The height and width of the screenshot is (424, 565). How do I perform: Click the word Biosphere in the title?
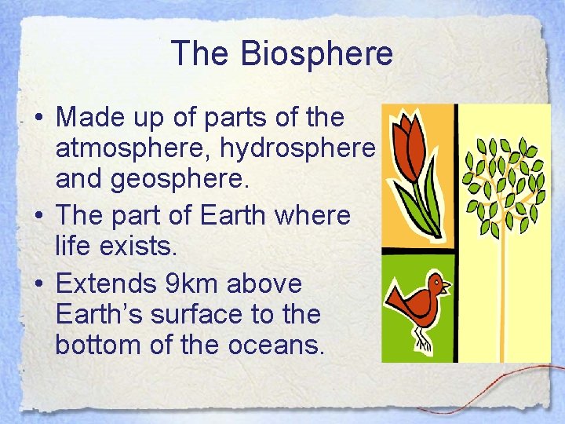pyautogui.click(x=316, y=54)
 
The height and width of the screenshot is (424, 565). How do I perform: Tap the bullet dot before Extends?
pyautogui.click(x=38, y=283)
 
